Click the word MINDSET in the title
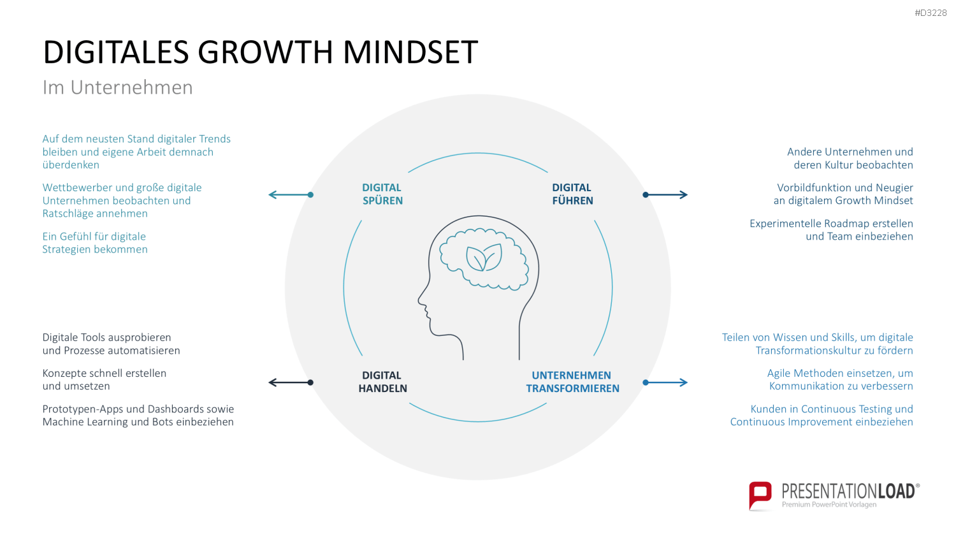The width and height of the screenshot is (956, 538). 410,52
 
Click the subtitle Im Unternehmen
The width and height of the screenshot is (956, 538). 117,87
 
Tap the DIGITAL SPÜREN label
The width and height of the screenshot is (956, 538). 382,194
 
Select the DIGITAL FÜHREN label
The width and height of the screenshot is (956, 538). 572,194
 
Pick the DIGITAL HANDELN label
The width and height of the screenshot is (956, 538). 382,382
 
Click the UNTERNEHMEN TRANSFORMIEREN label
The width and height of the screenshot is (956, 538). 572,382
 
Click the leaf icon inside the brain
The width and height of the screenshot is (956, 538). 484,258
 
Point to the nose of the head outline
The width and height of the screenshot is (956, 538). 421,300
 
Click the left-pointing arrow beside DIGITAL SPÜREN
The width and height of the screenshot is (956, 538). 291,194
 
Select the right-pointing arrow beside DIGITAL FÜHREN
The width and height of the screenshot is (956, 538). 665,194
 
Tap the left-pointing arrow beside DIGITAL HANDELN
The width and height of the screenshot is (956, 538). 291,382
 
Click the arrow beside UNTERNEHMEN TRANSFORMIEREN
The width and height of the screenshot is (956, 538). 665,382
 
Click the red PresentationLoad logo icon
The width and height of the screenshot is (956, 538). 760,495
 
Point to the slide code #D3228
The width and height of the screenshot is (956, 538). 931,13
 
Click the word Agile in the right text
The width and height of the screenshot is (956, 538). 779,374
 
